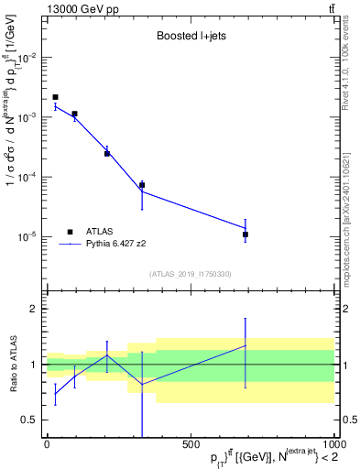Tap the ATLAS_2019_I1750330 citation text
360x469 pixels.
(x=190, y=274)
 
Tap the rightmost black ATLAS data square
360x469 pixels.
(x=245, y=234)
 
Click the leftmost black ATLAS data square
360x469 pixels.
(x=55, y=97)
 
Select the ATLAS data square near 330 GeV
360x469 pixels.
(x=142, y=185)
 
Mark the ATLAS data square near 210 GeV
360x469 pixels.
(x=107, y=153)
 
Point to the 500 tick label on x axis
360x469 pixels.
(x=191, y=443)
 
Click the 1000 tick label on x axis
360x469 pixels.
(x=333, y=443)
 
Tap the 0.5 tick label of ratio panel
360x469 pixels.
(x=30, y=420)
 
